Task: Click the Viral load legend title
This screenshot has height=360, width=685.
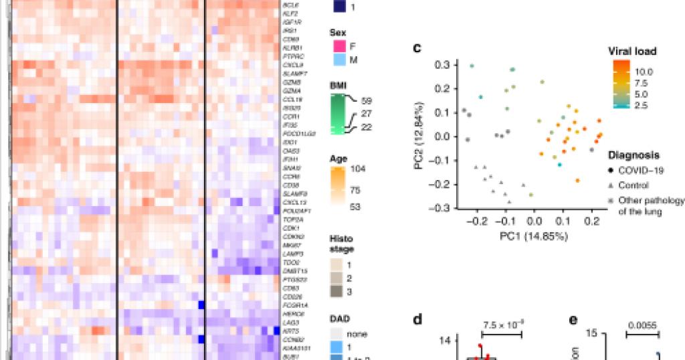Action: [x=631, y=51]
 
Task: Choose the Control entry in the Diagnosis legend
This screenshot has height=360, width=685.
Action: [x=633, y=185]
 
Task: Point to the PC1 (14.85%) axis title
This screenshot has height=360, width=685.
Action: [x=534, y=236]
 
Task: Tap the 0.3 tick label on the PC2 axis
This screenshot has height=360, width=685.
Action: [x=441, y=65]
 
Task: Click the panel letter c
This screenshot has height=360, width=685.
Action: [x=417, y=48]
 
